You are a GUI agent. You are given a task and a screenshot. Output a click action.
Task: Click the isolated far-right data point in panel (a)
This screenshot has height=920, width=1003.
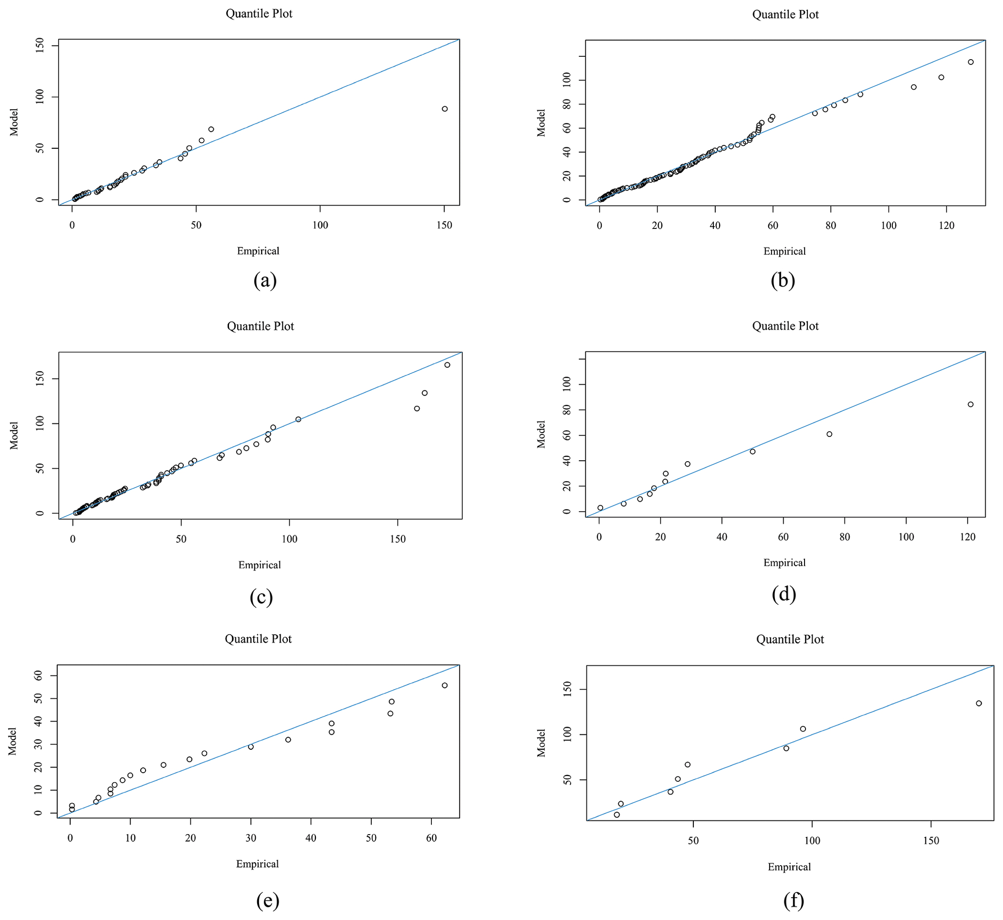click(x=444, y=109)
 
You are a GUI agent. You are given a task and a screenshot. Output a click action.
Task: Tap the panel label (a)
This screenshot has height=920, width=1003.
click(x=264, y=280)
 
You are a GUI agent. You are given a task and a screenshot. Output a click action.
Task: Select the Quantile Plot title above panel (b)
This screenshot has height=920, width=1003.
click(x=785, y=15)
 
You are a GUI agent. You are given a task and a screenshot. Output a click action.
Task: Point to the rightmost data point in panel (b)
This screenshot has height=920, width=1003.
click(x=970, y=62)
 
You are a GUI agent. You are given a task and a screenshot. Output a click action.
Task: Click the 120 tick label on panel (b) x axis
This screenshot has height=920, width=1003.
click(x=946, y=226)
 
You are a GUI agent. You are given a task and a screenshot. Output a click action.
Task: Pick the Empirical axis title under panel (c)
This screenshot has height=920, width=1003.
click(x=259, y=565)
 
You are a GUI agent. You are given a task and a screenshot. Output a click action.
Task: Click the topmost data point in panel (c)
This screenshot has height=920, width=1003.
click(x=447, y=365)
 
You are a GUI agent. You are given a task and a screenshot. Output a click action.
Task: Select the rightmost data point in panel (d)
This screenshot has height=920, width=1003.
click(x=970, y=404)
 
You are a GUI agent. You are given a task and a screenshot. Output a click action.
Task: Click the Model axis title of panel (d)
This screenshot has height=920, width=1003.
click(x=542, y=434)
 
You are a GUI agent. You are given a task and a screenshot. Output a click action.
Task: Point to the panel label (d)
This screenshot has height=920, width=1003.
click(x=783, y=594)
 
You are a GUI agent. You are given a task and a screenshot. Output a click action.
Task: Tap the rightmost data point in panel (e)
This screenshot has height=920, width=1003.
click(x=444, y=686)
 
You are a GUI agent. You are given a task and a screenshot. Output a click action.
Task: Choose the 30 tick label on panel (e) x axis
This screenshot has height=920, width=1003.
click(x=250, y=839)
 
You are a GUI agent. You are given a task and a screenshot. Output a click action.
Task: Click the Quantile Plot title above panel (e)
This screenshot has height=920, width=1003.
click(x=258, y=639)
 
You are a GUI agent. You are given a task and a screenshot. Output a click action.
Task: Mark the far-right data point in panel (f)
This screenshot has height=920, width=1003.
click(x=978, y=703)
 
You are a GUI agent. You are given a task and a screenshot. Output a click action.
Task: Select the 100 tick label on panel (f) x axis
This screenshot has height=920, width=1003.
click(x=812, y=841)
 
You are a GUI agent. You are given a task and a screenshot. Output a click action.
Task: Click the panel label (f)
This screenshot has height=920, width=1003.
click(x=793, y=900)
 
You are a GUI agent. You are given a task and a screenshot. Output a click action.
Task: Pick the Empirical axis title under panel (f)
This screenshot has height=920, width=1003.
click(x=789, y=867)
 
